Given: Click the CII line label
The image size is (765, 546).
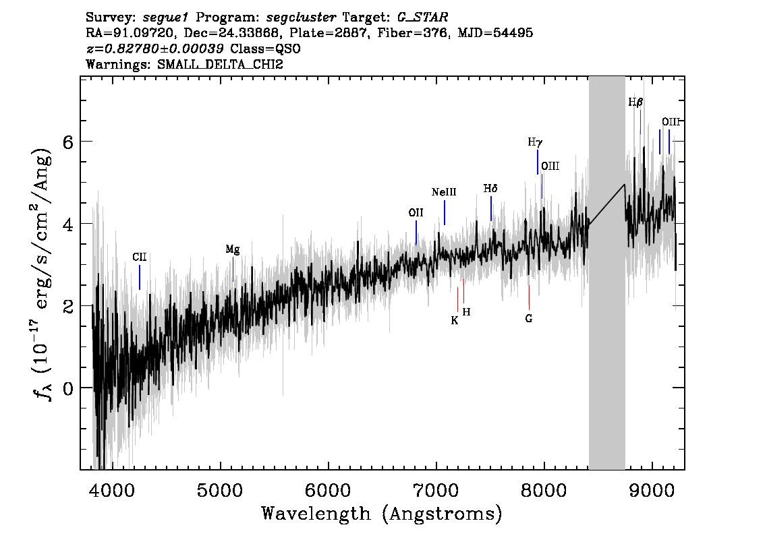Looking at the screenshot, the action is pos(140,257).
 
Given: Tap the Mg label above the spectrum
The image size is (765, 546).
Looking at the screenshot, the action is pos(233,249).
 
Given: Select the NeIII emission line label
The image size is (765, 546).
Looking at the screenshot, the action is pos(444,192).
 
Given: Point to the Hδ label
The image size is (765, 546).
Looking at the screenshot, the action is pos(490,188).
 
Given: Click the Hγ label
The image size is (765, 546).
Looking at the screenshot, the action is pos(535,142).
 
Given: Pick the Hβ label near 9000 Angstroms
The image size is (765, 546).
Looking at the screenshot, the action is pos(635,102).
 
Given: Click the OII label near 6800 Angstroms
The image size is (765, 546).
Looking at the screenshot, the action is pos(416,212).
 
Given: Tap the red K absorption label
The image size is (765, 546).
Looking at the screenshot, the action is pos(454,320).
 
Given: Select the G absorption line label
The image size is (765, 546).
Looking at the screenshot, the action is pos(529,318).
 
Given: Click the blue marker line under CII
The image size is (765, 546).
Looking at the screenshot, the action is pos(140,278).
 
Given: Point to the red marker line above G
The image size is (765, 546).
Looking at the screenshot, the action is pos(529,297).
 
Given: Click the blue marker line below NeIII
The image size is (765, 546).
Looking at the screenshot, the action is pos(445,212).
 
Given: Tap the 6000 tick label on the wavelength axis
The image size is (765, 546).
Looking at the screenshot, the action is pos(328,490).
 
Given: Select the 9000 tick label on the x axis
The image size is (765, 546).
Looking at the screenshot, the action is pos(651,490).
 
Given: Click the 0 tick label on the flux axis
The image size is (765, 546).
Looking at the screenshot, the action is pos(68,388).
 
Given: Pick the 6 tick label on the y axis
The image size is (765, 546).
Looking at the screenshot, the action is pos(68,142).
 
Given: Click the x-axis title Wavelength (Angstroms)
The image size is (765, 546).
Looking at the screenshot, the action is pos(382,514).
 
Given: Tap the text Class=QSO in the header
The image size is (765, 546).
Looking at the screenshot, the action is pos(265,49).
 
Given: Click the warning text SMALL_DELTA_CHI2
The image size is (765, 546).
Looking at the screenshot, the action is pos(220,64).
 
